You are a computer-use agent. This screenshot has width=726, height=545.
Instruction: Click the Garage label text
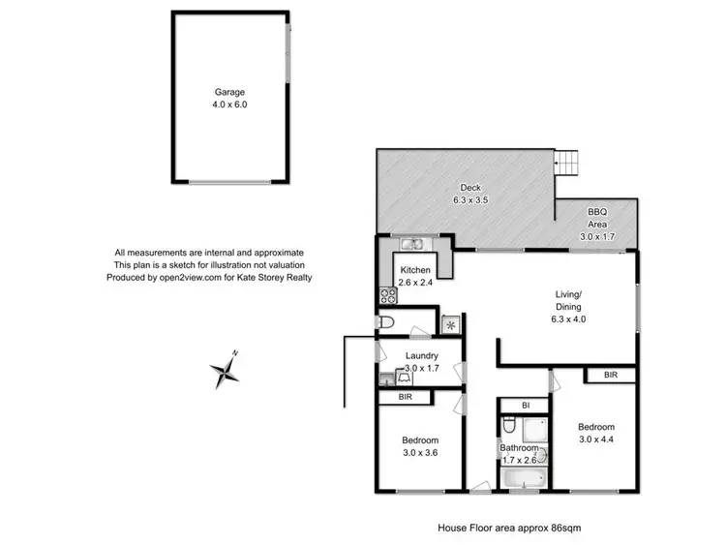coord(231,93)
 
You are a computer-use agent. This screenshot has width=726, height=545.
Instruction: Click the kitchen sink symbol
coord(410,244)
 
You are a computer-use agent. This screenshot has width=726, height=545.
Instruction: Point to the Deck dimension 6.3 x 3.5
coord(469,200)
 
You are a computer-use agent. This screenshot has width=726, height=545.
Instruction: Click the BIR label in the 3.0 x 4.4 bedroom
coord(611,375)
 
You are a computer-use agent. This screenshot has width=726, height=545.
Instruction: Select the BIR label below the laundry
coord(405,398)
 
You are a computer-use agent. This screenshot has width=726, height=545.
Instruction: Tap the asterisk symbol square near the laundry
coord(449,324)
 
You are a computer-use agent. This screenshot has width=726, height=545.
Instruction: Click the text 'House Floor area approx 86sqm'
coord(510,528)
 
